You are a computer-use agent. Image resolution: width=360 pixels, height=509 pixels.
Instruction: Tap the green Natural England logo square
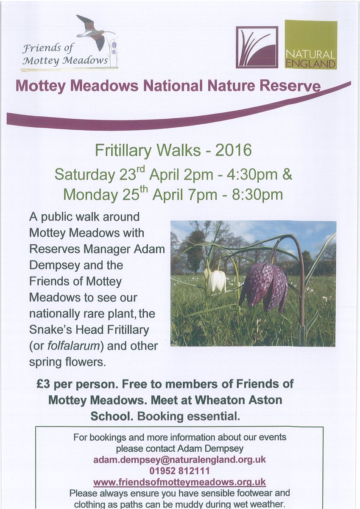point(311,45)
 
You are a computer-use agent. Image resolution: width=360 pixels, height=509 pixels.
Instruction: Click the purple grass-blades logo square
point(257,47)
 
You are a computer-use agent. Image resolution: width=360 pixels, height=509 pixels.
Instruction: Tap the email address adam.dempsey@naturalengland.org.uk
point(180,459)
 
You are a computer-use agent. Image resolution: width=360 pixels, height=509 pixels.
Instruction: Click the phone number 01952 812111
point(180,470)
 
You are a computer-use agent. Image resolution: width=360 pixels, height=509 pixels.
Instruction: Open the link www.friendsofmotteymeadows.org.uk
point(180,482)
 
